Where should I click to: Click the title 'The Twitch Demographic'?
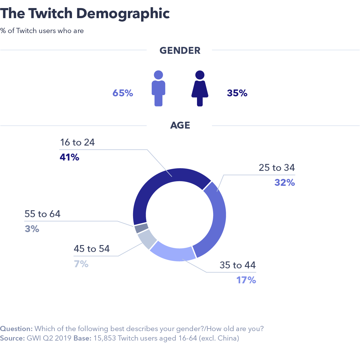tap(85, 14)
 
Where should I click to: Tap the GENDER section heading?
tap(180, 50)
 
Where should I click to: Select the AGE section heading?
tap(180, 125)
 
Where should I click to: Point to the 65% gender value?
tap(123, 93)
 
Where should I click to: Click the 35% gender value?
tap(237, 93)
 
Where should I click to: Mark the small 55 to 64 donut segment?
tap(141, 228)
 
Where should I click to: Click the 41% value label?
tap(69, 157)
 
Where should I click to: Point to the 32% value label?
tap(285, 182)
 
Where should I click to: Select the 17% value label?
tap(246, 280)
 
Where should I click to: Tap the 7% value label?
tap(81, 263)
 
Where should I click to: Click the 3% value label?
tap(32, 229)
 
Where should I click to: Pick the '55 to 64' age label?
tap(43, 214)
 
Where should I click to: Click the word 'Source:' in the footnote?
tap(12, 338)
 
